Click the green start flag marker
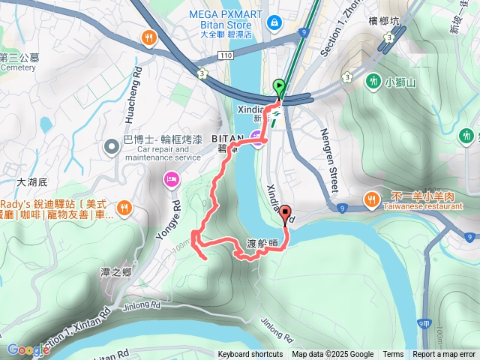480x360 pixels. click(x=280, y=87)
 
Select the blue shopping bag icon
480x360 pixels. click(x=275, y=22)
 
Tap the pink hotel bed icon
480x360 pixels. click(x=171, y=178)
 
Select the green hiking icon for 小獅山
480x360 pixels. click(x=373, y=80)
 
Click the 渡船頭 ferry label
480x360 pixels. click(x=262, y=244)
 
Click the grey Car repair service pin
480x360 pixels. click(x=111, y=142)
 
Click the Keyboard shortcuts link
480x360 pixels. click(x=250, y=355)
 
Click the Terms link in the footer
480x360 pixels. click(x=393, y=355)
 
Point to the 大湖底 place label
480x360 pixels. click(x=31, y=182)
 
